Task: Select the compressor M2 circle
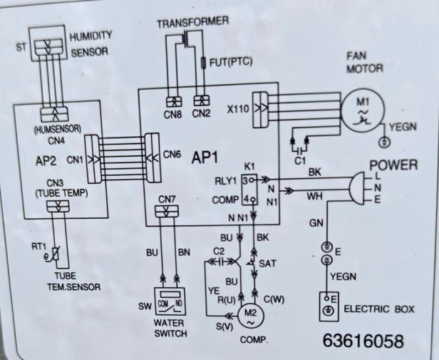(x=250, y=312)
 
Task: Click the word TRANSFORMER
(x=192, y=22)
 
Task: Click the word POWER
(x=393, y=165)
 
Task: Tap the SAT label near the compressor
(x=267, y=263)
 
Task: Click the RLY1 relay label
(x=224, y=180)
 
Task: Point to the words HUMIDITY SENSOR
(x=90, y=43)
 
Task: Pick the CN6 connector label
(x=172, y=153)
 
